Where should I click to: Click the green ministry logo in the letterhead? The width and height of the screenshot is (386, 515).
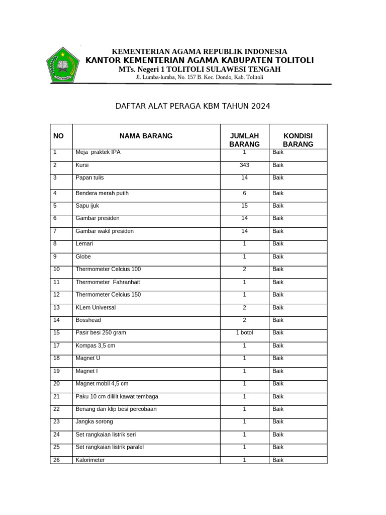[62, 65]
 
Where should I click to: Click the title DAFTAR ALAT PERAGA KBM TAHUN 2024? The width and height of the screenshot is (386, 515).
[193, 106]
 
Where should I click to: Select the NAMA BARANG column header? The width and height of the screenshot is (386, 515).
[146, 136]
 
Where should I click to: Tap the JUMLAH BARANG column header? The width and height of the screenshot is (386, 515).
[244, 140]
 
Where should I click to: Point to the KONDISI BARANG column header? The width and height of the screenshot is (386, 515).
[298, 140]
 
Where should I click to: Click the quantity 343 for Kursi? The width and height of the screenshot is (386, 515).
[244, 165]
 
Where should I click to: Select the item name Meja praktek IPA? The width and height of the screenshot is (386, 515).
[98, 152]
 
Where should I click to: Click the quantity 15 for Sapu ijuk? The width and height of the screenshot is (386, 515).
[244, 206]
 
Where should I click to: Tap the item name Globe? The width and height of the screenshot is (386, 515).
[83, 256]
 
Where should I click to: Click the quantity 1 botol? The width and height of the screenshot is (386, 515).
[244, 333]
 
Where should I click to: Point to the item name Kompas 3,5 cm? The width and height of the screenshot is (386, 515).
[95, 346]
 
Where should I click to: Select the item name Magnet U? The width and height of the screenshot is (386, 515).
[88, 358]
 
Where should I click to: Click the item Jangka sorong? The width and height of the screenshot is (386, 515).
[94, 421]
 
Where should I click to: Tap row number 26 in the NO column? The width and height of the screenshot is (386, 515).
[56, 460]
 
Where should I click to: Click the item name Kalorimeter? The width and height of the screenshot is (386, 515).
[90, 460]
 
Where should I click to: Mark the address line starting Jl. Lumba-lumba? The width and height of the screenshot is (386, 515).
[200, 77]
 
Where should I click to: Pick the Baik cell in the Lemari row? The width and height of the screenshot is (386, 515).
[278, 244]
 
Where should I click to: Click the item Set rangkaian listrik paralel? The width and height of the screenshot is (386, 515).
[110, 447]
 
